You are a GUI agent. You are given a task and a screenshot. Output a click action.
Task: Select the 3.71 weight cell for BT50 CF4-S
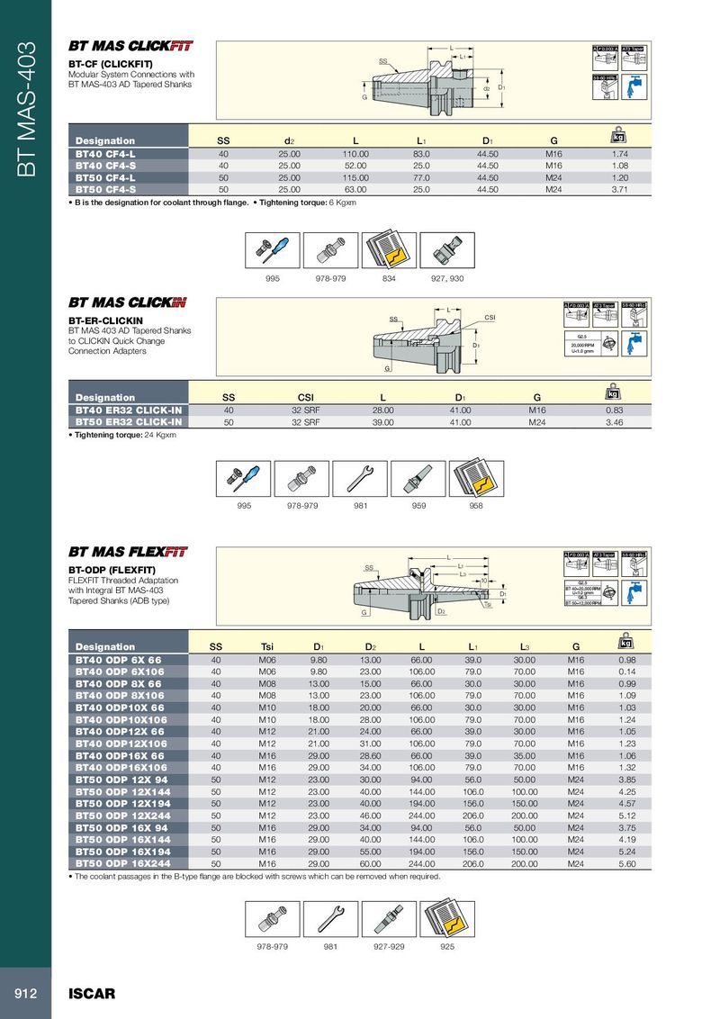(619, 190)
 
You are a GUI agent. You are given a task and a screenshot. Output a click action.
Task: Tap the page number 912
(24, 994)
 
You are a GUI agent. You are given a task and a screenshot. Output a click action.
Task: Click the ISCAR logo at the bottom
(92, 994)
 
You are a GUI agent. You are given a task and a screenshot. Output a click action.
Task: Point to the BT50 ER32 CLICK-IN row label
(129, 422)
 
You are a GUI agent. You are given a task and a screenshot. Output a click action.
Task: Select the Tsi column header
(267, 646)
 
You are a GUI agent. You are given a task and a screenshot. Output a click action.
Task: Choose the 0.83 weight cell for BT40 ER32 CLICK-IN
(615, 410)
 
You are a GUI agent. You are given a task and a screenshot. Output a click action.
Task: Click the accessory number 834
(391, 279)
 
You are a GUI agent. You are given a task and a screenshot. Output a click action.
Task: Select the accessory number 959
(418, 506)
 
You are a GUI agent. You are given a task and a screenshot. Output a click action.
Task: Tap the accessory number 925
(447, 947)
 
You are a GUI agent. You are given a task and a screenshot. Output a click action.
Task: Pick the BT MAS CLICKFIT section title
(130, 45)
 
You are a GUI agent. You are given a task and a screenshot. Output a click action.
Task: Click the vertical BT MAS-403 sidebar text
(27, 108)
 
